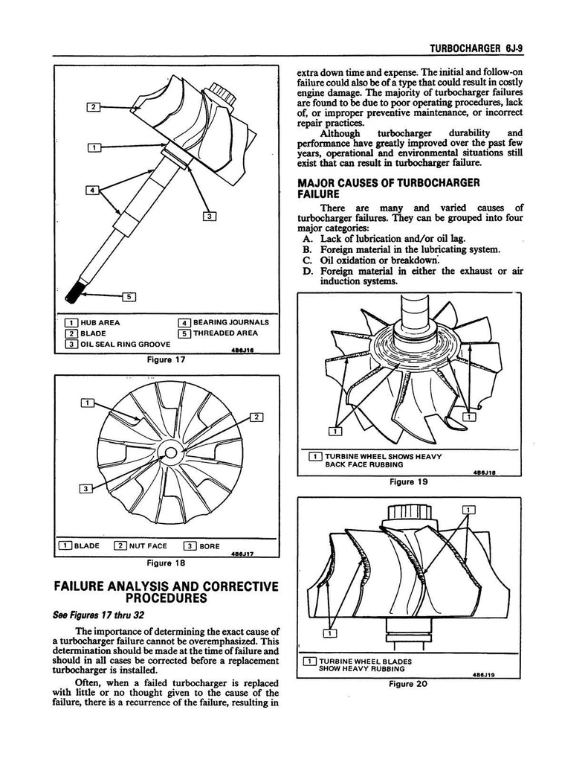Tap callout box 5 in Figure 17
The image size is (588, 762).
128,297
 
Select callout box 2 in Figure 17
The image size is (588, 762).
94,107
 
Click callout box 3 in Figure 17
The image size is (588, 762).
210,217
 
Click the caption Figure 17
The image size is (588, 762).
166,360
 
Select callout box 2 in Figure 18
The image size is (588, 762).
256,417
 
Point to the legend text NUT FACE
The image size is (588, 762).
149,545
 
